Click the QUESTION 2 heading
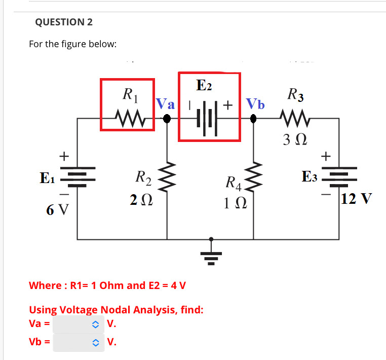click(64, 22)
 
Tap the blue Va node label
click(165, 105)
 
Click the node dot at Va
click(167, 119)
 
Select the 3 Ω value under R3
click(295, 138)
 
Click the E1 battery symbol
click(77, 178)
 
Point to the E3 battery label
click(309, 177)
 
